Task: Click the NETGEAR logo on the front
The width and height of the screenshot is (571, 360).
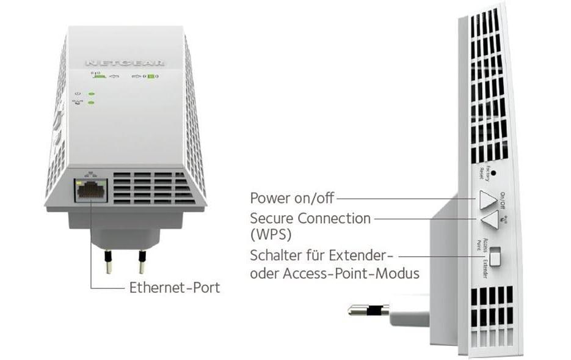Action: [x=126, y=62]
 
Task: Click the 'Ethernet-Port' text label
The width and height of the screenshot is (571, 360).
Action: [x=174, y=287]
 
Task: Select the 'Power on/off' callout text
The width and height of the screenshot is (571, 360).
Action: [x=292, y=198]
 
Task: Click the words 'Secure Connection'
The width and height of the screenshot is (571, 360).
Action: [x=310, y=218]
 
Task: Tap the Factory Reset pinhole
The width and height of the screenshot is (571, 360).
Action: [x=493, y=172]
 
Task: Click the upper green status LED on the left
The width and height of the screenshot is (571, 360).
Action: [x=91, y=94]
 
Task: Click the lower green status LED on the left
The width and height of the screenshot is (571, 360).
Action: [x=91, y=102]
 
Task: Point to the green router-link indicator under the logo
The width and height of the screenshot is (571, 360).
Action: [x=97, y=77]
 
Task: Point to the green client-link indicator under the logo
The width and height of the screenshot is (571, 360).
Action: [x=150, y=77]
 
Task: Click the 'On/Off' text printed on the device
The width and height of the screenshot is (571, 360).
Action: [x=503, y=199]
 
